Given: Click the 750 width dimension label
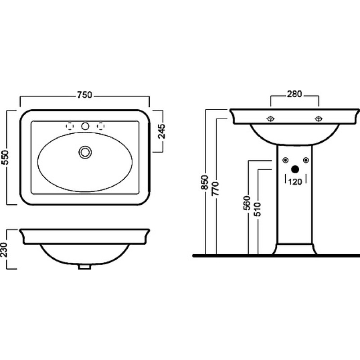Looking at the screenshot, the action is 85,95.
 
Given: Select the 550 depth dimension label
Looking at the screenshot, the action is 5,157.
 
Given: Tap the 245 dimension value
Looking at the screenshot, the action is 162,131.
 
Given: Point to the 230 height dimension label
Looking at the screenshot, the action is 4,250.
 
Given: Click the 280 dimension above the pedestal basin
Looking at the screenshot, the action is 294,94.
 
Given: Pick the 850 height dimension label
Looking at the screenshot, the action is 204,182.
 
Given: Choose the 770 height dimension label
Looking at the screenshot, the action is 216,189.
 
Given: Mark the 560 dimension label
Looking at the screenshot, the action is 247,203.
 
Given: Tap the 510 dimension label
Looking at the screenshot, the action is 257,209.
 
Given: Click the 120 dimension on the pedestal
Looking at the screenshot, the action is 295,182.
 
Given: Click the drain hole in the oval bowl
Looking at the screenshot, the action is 85,152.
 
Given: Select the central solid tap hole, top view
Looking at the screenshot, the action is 85,126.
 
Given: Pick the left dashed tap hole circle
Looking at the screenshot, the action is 70,126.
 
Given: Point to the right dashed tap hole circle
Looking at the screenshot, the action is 100,126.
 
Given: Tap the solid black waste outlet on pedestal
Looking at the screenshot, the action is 295,170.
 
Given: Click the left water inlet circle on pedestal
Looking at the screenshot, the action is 285,160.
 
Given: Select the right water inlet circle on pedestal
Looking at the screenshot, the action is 306,160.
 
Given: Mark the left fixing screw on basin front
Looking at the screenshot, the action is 271,119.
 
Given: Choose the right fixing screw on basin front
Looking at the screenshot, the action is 319,119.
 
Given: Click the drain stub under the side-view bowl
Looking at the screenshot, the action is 85,267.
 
